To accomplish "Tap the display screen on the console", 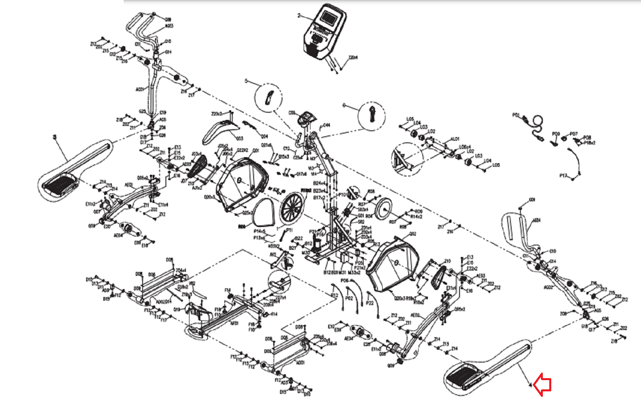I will pyautogui.click(x=329, y=18).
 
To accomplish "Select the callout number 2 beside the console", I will pyautogui.click(x=299, y=16).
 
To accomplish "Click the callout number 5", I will pyautogui.click(x=246, y=81).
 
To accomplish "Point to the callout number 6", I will pyautogui.click(x=344, y=105).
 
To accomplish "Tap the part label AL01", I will pyautogui.click(x=455, y=139).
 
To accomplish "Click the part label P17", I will pyautogui.click(x=563, y=176).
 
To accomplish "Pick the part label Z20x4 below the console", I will pyautogui.click(x=353, y=58).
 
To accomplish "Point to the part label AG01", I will pyautogui.click(x=139, y=89).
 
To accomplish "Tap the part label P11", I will pyautogui.click(x=289, y=230).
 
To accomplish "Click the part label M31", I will pyautogui.click(x=343, y=273).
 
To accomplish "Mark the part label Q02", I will pyautogui.click(x=413, y=234).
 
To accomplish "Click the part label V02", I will pyautogui.click(x=192, y=284).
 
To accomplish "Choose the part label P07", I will pyautogui.click(x=574, y=134).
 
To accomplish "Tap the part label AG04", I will pyautogui.click(x=536, y=220).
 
